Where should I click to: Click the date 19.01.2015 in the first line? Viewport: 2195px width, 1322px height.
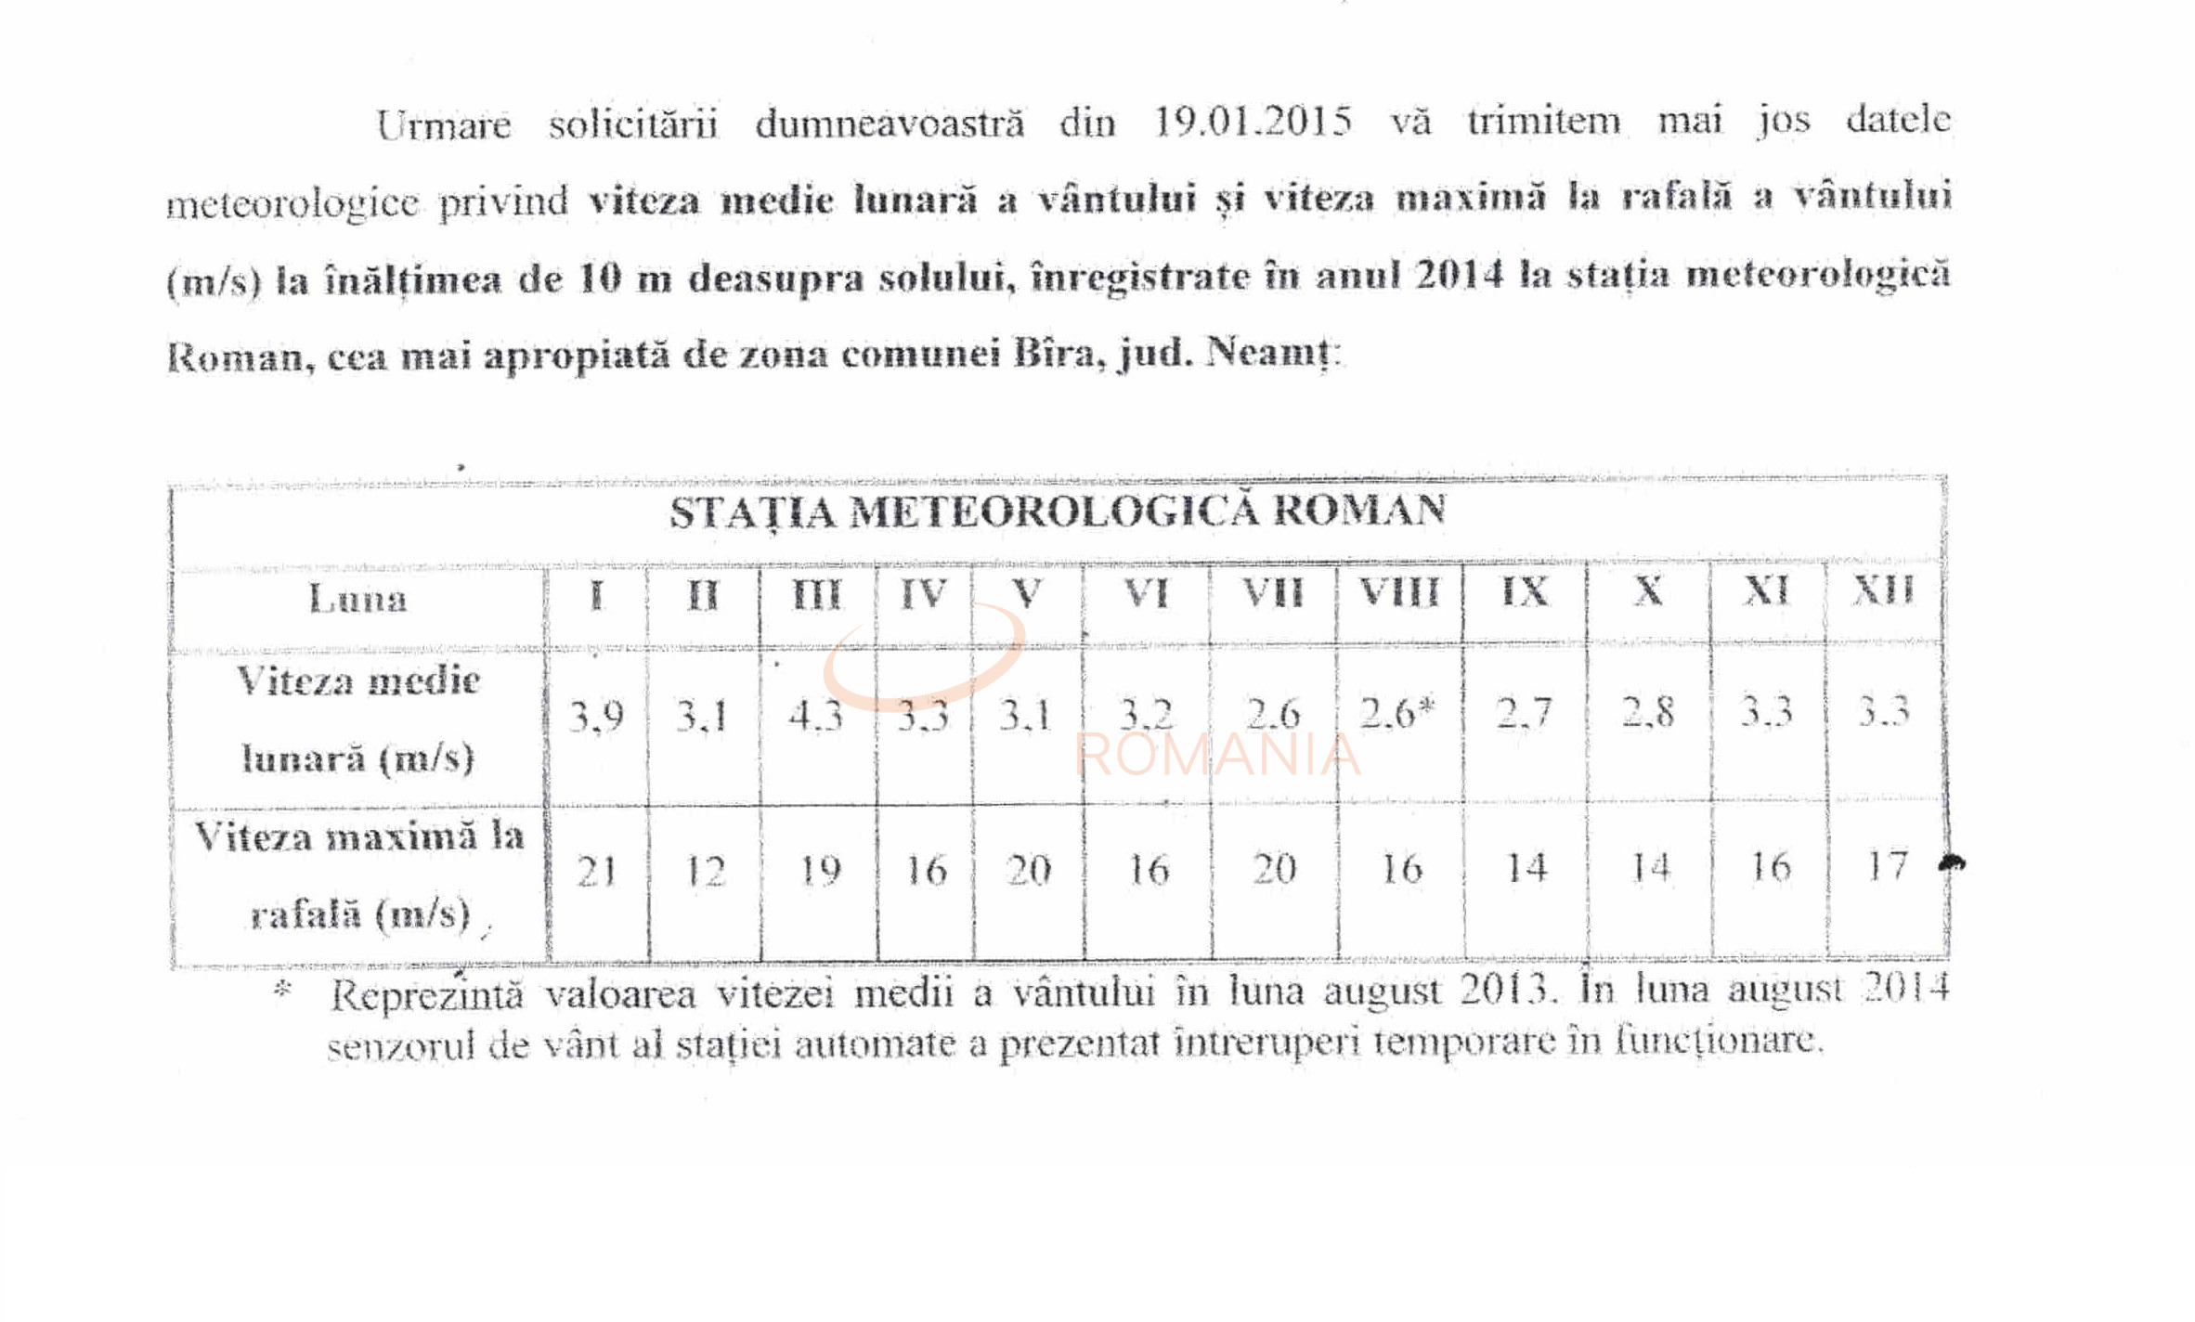pos(1252,122)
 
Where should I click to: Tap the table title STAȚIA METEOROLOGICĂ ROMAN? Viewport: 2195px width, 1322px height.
pos(1058,512)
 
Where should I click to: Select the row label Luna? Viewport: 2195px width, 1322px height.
pos(358,599)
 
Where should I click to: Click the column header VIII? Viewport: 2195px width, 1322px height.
pos(1399,592)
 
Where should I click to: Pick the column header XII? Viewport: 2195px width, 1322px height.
pos(1883,590)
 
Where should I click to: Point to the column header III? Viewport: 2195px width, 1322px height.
pos(816,594)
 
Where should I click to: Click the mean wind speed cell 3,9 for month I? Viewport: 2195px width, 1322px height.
pos(596,716)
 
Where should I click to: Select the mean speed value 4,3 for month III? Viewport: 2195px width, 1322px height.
pos(815,716)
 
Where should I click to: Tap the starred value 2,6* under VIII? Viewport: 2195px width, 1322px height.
pos(1397,713)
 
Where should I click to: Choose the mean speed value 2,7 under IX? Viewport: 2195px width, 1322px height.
pos(1524,713)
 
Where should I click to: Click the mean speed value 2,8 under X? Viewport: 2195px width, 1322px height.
pos(1648,712)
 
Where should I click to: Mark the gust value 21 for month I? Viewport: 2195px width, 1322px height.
pos(596,871)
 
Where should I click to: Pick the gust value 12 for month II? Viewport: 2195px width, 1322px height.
pos(705,871)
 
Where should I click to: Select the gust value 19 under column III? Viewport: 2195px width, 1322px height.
pos(819,870)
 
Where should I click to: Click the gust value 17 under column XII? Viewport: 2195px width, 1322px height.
pos(1887,866)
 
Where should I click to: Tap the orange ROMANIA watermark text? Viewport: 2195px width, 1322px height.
pos(1217,754)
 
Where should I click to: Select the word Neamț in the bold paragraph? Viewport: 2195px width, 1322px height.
pos(1270,354)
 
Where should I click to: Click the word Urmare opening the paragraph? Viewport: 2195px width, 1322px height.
pos(443,124)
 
